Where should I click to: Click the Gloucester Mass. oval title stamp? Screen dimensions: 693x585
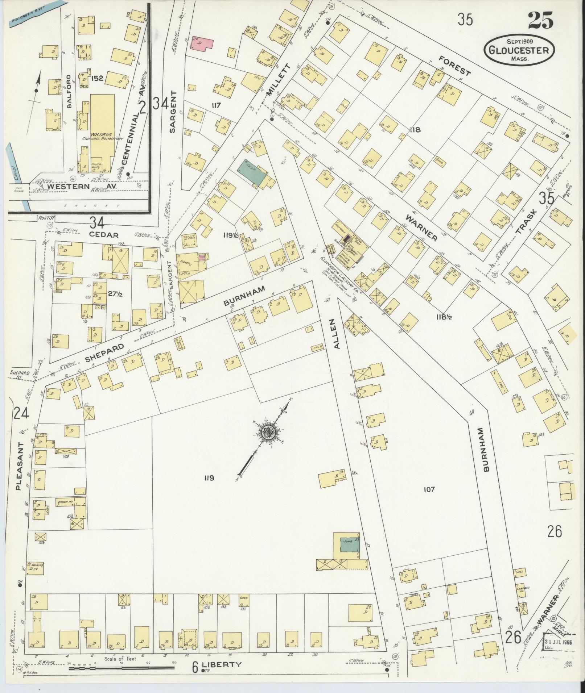519,50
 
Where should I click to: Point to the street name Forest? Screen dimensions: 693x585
455,66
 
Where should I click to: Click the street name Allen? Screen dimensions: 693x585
337,334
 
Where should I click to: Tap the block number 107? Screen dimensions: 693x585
429,490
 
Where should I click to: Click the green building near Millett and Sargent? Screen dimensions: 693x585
252,172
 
